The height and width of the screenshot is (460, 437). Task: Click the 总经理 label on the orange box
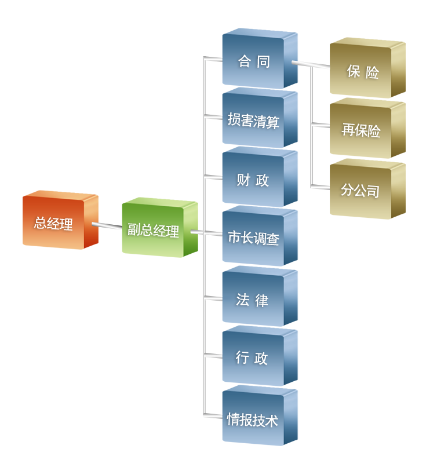coord(53,224)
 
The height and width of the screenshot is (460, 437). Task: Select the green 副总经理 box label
coord(153,230)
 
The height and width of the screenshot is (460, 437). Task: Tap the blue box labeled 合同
coord(254,61)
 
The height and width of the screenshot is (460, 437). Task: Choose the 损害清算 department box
coord(253,121)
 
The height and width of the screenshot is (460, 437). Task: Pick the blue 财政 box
coord(253,180)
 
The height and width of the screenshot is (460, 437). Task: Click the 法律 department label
coord(253,300)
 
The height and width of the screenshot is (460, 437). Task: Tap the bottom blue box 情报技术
coord(253,420)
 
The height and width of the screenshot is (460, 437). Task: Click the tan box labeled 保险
coord(363,72)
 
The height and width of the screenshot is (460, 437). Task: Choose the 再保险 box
coord(360,130)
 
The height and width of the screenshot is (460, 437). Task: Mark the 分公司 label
coord(360,190)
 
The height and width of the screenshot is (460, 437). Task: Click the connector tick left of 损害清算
coord(210,118)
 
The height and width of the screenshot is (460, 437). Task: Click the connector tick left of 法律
coord(210,298)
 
